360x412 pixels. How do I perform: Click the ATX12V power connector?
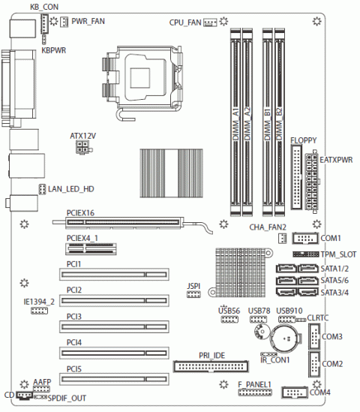[x=83, y=147]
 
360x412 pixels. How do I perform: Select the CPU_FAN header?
[x=210, y=23]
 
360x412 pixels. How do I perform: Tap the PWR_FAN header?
[x=64, y=22]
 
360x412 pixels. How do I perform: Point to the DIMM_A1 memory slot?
[x=235, y=122]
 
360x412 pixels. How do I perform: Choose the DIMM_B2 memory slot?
[x=280, y=122]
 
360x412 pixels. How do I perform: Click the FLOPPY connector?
[x=296, y=177]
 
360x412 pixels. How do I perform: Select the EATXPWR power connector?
[x=312, y=182]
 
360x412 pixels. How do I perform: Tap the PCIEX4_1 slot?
[x=91, y=249]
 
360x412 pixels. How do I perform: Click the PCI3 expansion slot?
[x=114, y=327]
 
